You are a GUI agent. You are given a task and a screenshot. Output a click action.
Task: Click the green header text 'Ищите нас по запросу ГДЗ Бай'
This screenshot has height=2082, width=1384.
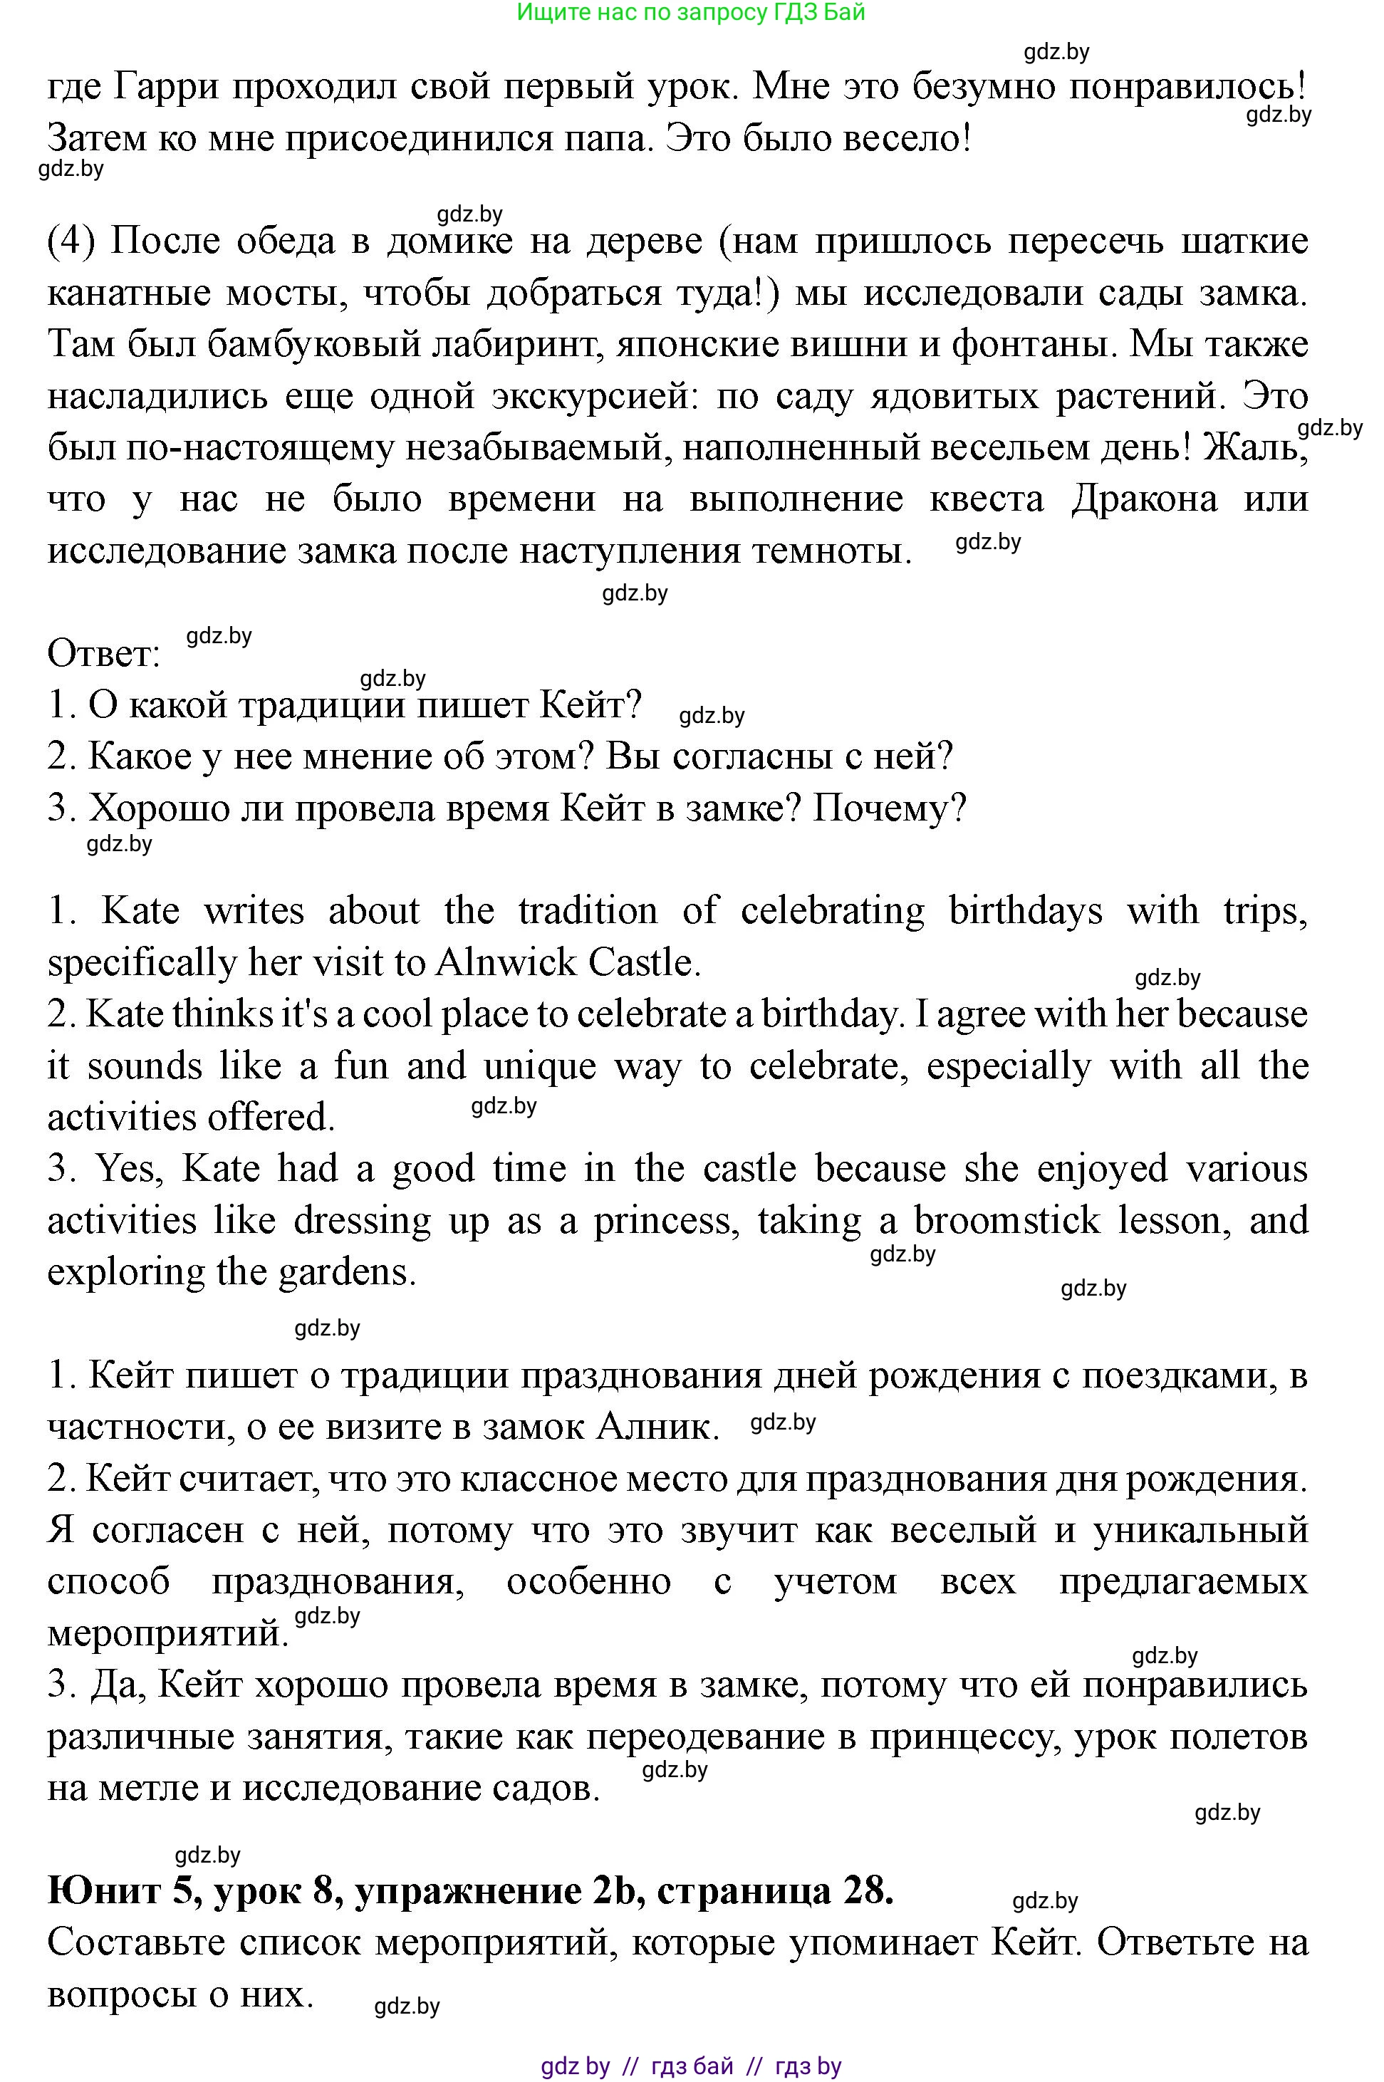click(690, 12)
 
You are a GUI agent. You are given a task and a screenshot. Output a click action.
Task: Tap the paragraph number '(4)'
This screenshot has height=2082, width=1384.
click(70, 241)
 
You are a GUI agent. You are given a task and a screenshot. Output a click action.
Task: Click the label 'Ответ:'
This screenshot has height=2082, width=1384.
click(103, 654)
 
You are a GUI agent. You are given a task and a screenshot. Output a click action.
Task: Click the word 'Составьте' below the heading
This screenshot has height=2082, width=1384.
click(136, 1942)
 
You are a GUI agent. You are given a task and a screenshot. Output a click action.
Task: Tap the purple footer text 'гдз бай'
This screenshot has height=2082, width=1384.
click(692, 2066)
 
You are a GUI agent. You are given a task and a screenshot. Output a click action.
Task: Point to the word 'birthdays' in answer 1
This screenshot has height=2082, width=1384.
click(1025, 911)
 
